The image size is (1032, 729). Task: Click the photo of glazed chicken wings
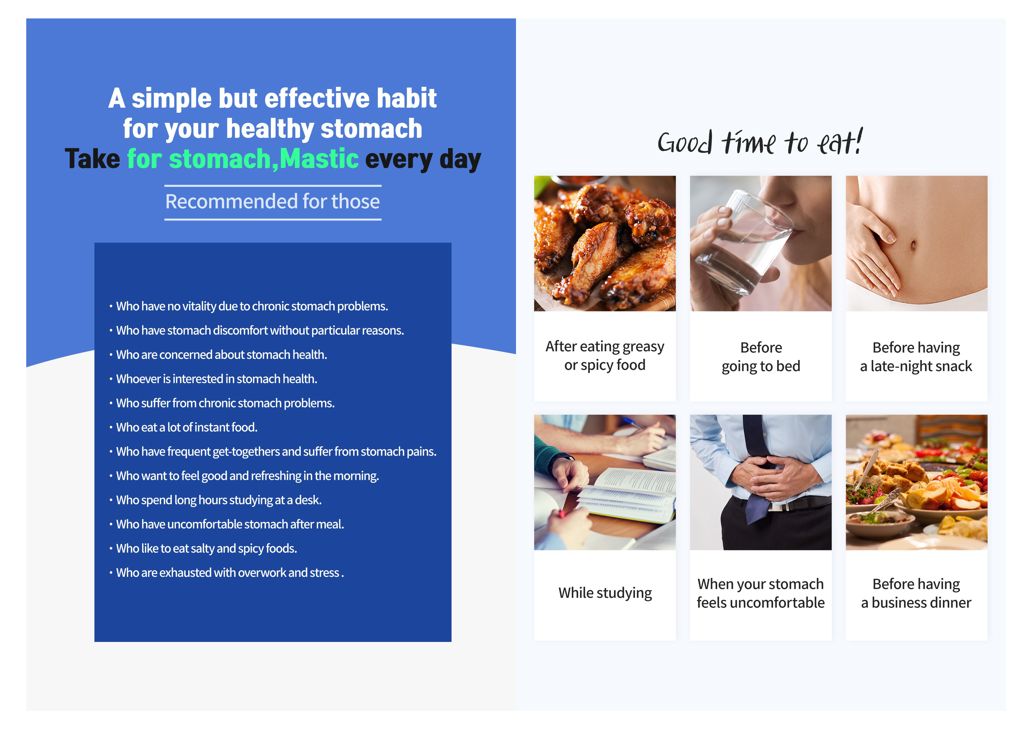click(605, 243)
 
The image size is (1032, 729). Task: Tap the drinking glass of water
click(742, 245)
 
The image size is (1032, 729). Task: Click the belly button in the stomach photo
click(913, 245)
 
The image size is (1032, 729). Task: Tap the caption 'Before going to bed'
click(761, 357)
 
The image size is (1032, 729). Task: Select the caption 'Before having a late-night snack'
click(916, 357)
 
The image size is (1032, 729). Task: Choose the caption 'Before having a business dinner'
click(916, 593)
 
